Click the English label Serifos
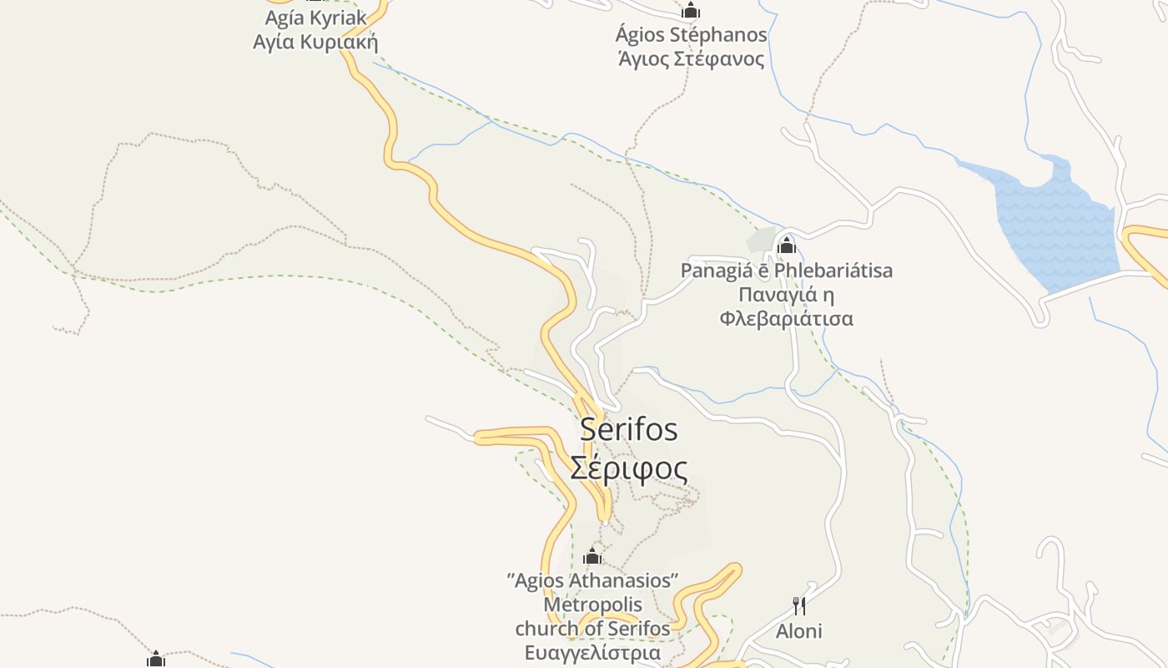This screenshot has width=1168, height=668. (x=629, y=429)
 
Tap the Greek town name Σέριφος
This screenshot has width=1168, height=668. (x=629, y=468)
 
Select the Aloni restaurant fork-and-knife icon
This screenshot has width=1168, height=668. (x=799, y=605)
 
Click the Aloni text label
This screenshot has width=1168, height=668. (x=799, y=631)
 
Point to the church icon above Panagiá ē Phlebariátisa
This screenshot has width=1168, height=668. (x=786, y=245)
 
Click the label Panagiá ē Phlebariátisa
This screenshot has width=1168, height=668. (x=786, y=271)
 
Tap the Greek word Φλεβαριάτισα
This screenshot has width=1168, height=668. (x=786, y=319)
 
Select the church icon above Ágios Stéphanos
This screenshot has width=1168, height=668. (x=691, y=11)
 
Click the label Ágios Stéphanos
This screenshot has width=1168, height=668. (x=691, y=35)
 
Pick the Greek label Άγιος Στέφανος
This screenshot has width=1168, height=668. (x=691, y=59)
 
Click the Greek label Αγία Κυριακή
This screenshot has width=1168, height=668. (x=315, y=42)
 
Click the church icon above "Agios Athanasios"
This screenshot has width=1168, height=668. (x=592, y=556)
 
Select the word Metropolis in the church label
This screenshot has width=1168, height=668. (x=592, y=604)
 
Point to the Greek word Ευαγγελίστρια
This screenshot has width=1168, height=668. (x=592, y=652)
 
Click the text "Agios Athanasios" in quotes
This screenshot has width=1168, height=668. (x=592, y=580)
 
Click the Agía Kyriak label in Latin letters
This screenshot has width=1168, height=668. (x=315, y=18)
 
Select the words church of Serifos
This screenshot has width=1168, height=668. (x=592, y=628)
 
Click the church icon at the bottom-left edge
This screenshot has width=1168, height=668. (x=156, y=660)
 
